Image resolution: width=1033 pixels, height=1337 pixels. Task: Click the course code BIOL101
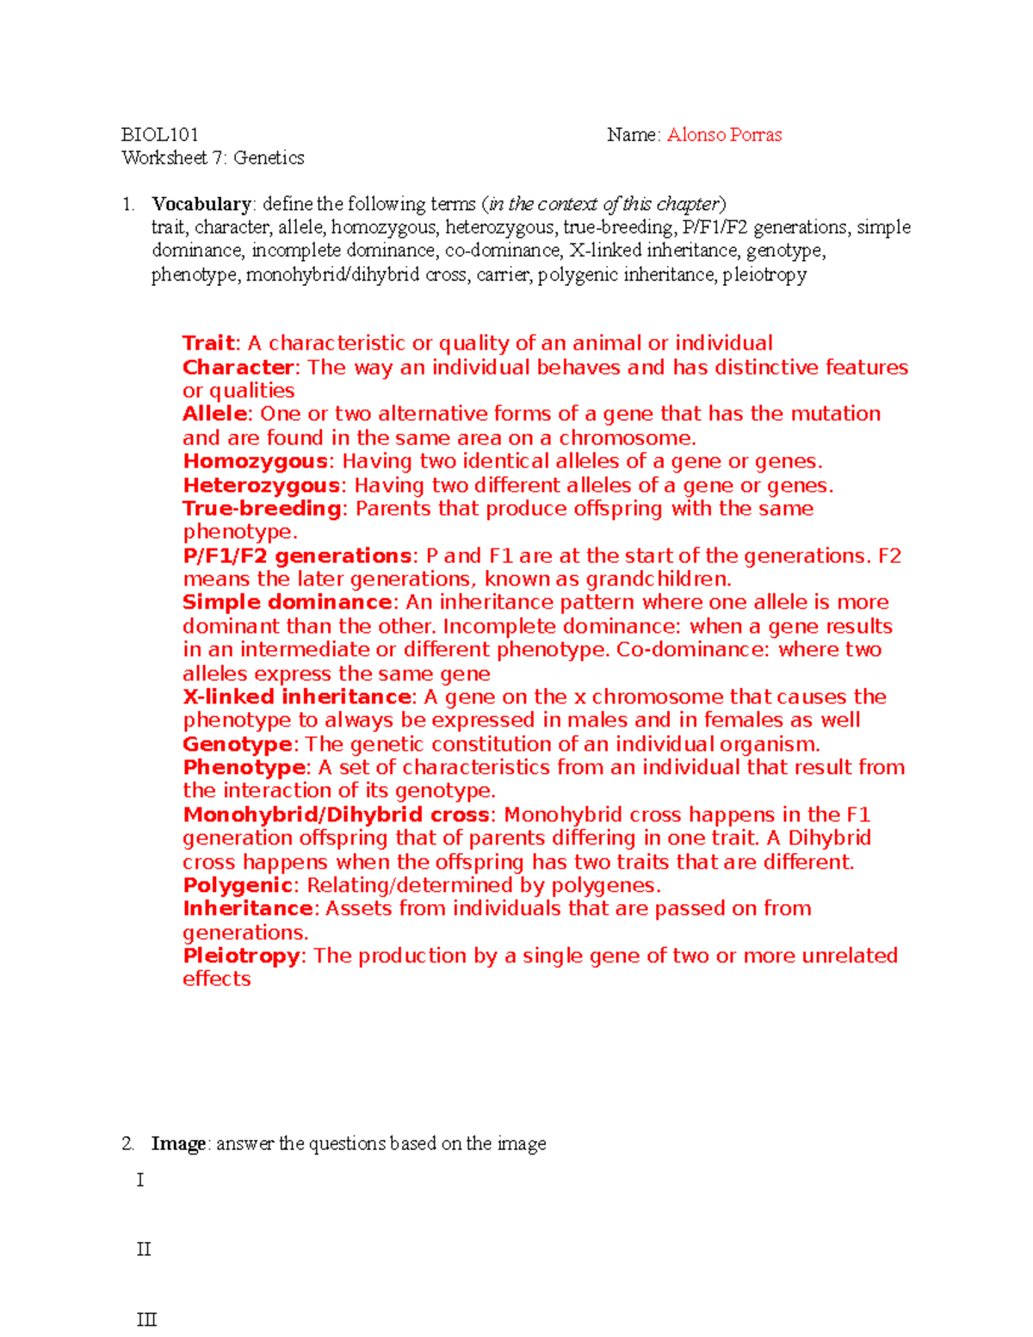[160, 135]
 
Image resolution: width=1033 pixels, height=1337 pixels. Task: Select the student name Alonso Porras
[724, 135]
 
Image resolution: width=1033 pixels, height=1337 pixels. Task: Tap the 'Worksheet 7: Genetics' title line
[213, 158]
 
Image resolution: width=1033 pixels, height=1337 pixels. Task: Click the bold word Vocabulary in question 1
[201, 205]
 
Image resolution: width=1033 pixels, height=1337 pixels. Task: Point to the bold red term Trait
[208, 344]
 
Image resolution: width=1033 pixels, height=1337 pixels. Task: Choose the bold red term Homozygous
[255, 461]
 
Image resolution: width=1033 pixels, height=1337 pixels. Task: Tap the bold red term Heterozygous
[261, 486]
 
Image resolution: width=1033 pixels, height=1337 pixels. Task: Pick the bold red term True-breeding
[262, 509]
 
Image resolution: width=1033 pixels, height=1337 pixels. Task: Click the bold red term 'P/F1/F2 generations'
[297, 556]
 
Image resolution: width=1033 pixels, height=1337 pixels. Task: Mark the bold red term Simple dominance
[287, 603]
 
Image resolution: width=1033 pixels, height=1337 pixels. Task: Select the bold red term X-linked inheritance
[297, 697]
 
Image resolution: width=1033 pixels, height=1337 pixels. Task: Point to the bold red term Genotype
[238, 745]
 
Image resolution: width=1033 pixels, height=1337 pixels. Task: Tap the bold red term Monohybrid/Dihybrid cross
[336, 815]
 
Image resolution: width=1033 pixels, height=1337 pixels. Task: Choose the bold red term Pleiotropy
[241, 956]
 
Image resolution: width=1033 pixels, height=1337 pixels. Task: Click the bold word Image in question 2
[178, 1144]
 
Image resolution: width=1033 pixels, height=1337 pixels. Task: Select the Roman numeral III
[146, 1320]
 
